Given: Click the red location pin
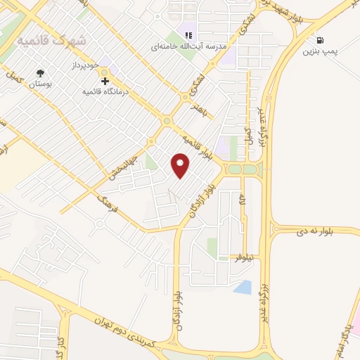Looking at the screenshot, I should click(181, 165).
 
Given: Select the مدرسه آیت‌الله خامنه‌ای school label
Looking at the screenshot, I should click(188, 46).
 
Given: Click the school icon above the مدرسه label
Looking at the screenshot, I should click(188, 34).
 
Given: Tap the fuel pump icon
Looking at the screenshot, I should click(321, 41).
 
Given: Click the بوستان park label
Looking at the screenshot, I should click(39, 84).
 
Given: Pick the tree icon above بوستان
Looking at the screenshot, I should click(39, 72).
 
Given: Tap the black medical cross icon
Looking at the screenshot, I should click(105, 82).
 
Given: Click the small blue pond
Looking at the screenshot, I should click(242, 287).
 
